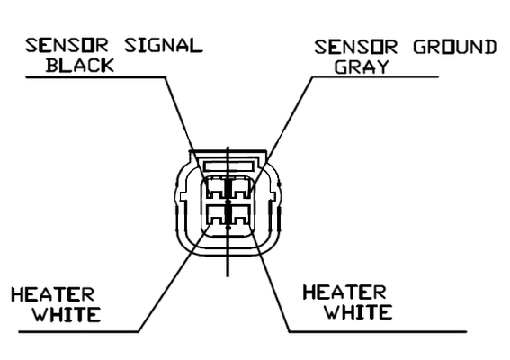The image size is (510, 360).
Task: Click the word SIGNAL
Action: pyautogui.click(x=164, y=46)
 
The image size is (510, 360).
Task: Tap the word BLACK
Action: pyautogui.click(x=80, y=65)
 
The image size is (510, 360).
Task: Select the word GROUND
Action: pyautogui.click(x=455, y=47)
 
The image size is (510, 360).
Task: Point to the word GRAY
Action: pyautogui.click(x=362, y=67)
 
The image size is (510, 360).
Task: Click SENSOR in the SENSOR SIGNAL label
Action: pyautogui.click(x=67, y=46)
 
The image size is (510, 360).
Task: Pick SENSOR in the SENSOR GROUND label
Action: pyautogui.click(x=355, y=47)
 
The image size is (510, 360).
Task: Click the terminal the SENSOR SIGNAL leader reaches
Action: pyautogui.click(x=216, y=188)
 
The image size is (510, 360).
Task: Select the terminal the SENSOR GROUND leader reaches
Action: pyautogui.click(x=240, y=188)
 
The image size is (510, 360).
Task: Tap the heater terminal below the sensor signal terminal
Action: pyautogui.click(x=216, y=214)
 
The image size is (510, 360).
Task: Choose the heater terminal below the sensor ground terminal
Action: pyautogui.click(x=240, y=214)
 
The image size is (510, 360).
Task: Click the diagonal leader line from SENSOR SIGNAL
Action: pyautogui.click(x=184, y=128)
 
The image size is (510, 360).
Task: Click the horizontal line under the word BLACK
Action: pyautogui.click(x=95, y=77)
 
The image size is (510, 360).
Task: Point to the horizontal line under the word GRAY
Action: pyautogui.click(x=375, y=77)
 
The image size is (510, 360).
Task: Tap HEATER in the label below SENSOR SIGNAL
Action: pyautogui.click(x=53, y=294)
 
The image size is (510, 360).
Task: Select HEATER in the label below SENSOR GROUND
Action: pyautogui.click(x=344, y=292)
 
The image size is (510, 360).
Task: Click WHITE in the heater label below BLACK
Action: pyautogui.click(x=67, y=314)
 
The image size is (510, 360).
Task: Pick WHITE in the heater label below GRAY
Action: pyautogui.click(x=358, y=311)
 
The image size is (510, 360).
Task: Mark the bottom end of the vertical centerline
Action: pyautogui.click(x=228, y=276)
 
